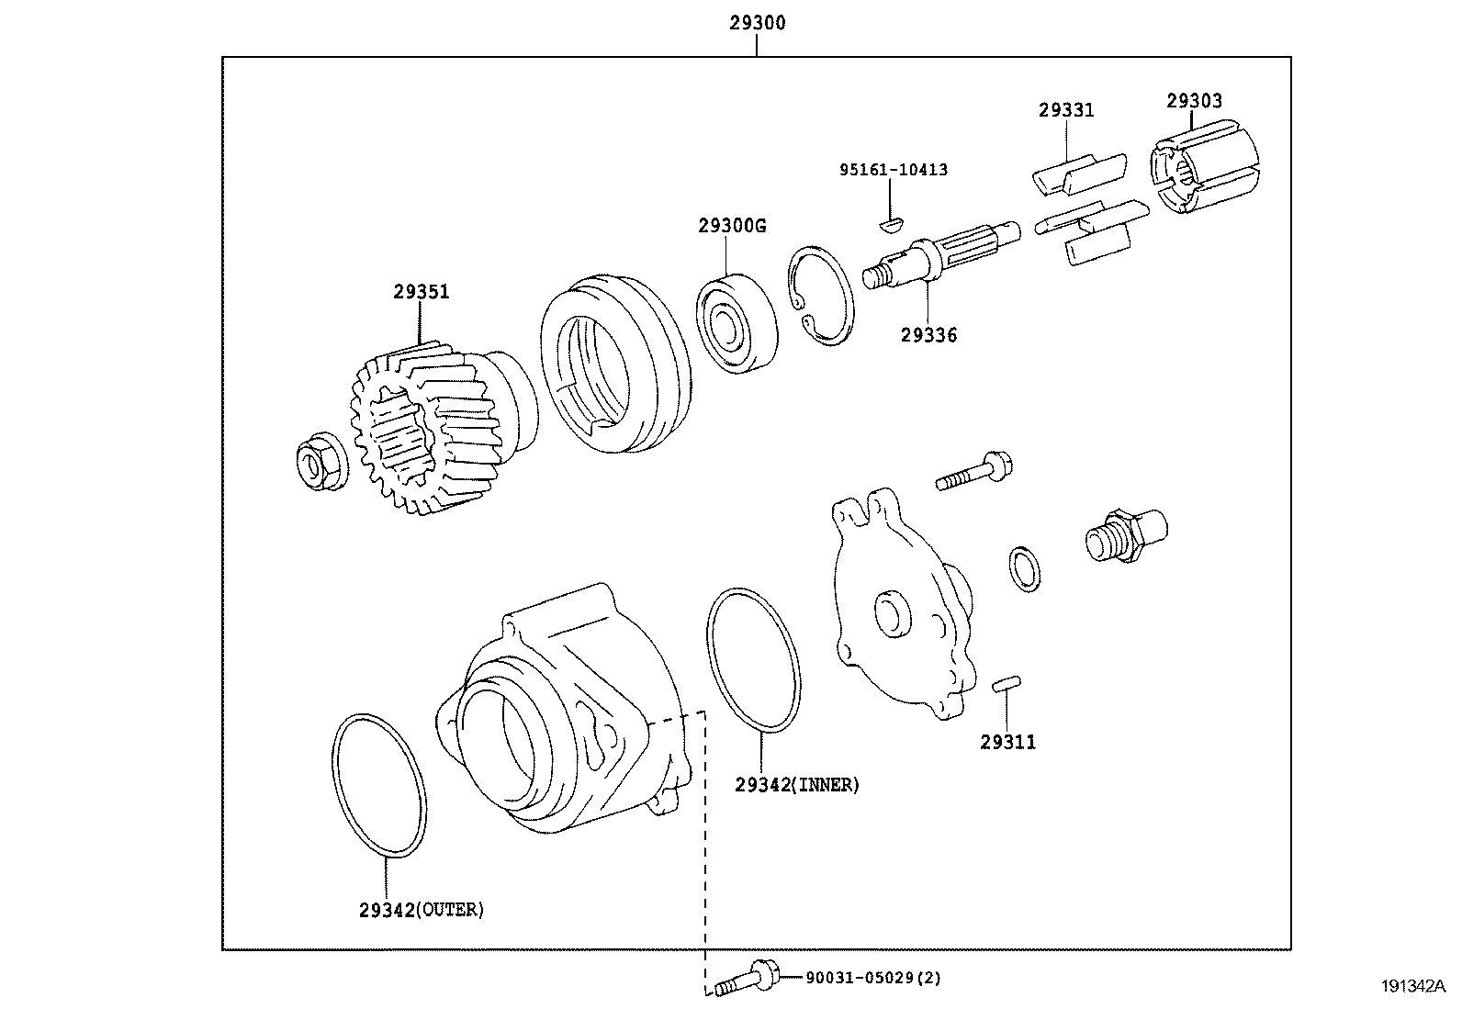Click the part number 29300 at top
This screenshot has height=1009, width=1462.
click(x=757, y=23)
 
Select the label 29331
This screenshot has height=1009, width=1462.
click(x=1066, y=110)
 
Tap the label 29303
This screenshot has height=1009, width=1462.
click(x=1194, y=101)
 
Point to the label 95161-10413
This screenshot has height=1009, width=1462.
click(x=893, y=170)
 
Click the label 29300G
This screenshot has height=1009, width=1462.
click(x=731, y=226)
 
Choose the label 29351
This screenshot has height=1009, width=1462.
click(x=422, y=292)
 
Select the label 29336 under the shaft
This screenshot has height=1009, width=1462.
click(x=928, y=336)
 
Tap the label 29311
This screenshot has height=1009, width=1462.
click(x=1007, y=742)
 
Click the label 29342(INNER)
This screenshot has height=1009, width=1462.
click(x=796, y=784)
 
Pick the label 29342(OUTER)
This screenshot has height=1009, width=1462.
click(x=421, y=910)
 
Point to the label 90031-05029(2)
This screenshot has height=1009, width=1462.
click(x=872, y=979)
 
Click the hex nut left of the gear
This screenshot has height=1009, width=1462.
click(x=319, y=464)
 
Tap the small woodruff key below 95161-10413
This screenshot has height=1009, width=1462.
click(x=891, y=220)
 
